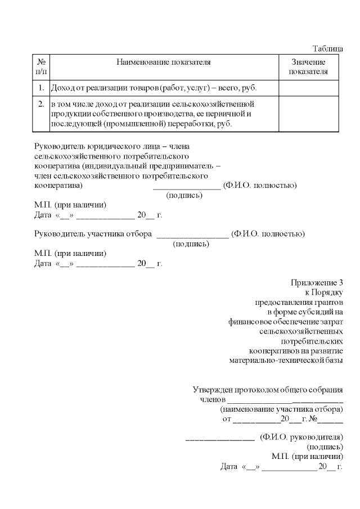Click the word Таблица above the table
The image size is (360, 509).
pos(327,49)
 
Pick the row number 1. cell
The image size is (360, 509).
pos(41,88)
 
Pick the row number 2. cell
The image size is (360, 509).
pos(41,105)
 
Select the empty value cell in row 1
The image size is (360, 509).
pos(308,88)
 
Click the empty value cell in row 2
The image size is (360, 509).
pos(308,114)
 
